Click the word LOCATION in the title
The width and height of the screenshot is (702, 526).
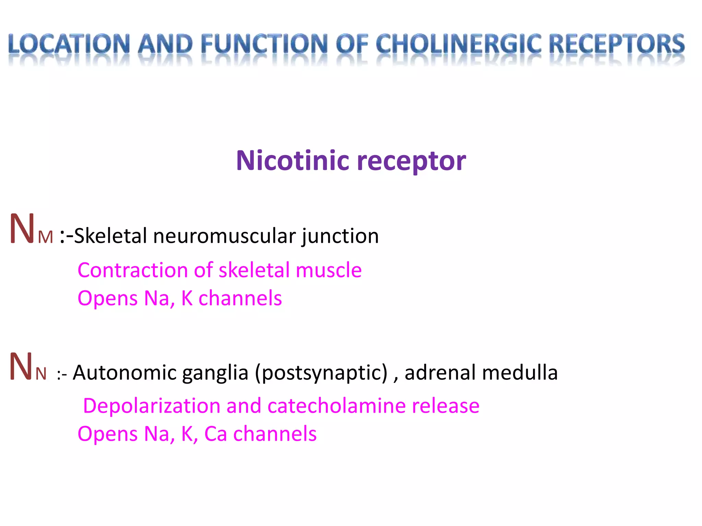(69, 45)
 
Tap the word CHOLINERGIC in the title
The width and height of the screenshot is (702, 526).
(458, 45)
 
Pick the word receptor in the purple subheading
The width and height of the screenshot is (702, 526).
(411, 161)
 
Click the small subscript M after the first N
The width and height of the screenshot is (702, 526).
(46, 237)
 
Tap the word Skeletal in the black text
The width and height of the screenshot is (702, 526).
(110, 236)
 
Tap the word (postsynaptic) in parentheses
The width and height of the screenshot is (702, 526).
(321, 373)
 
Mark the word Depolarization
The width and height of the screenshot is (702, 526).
(152, 406)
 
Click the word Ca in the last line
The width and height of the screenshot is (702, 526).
(216, 434)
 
